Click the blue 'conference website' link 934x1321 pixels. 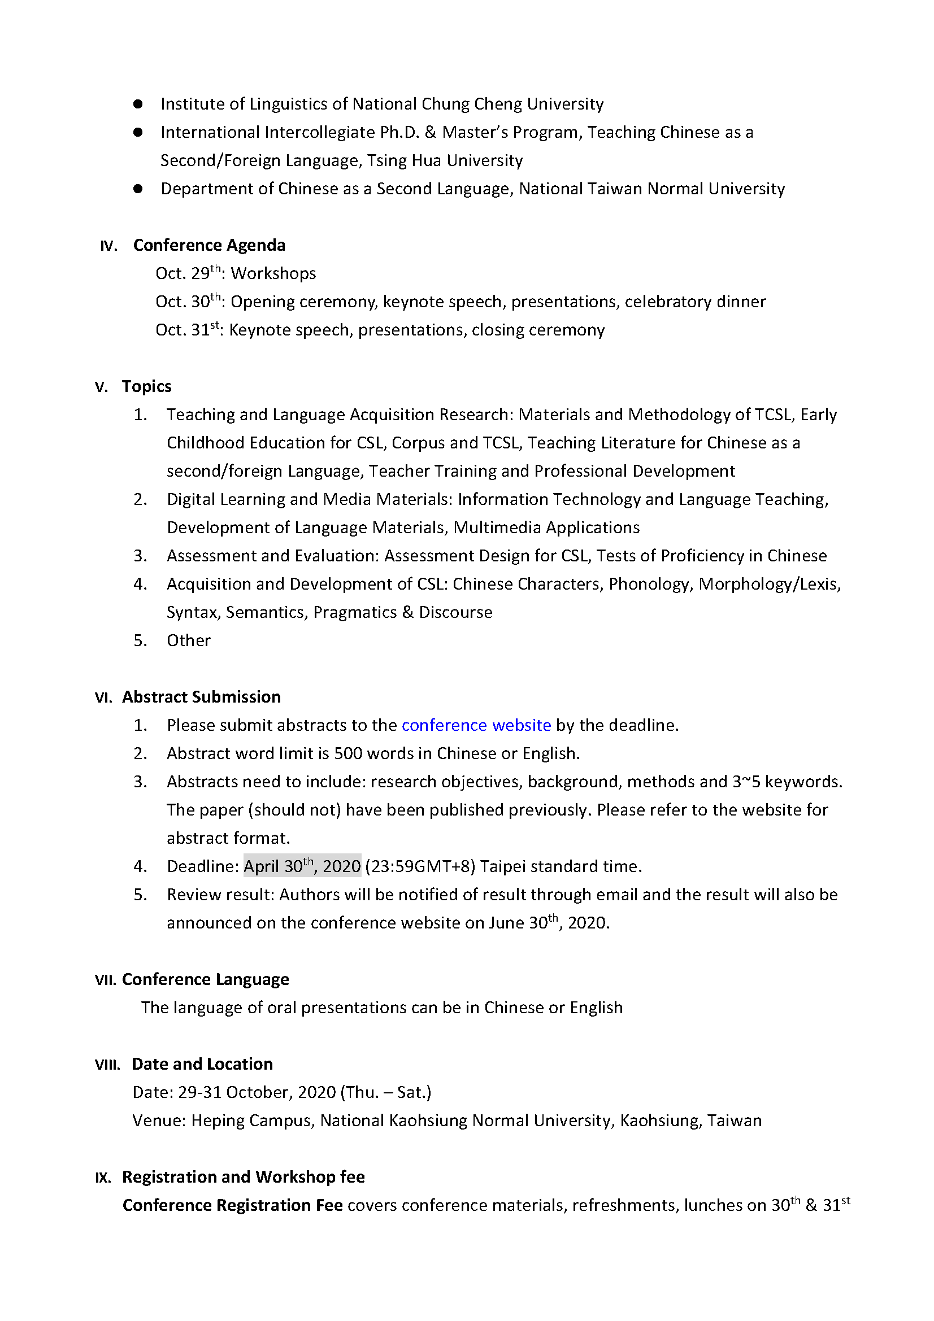[x=476, y=725]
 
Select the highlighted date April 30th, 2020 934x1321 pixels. [x=302, y=866]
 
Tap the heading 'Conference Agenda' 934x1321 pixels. [x=209, y=245]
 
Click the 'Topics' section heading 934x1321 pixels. [x=146, y=386]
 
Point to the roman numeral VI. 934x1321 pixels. [x=103, y=697]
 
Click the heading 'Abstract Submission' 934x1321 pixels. [x=201, y=697]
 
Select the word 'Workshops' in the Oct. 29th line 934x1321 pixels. [x=273, y=273]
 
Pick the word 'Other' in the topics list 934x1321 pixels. [x=188, y=640]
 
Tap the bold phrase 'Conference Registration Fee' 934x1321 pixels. [x=232, y=1205]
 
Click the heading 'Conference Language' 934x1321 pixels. [x=206, y=979]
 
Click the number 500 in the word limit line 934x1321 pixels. [x=347, y=753]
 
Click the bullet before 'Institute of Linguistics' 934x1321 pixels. [x=137, y=104]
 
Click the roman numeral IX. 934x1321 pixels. [x=103, y=1177]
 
